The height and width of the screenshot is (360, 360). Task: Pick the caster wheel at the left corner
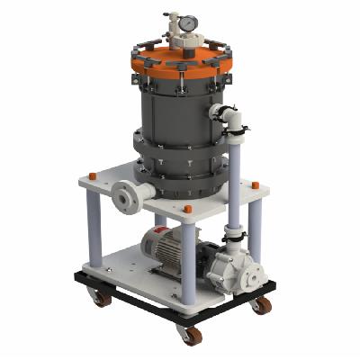coord(102,297)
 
